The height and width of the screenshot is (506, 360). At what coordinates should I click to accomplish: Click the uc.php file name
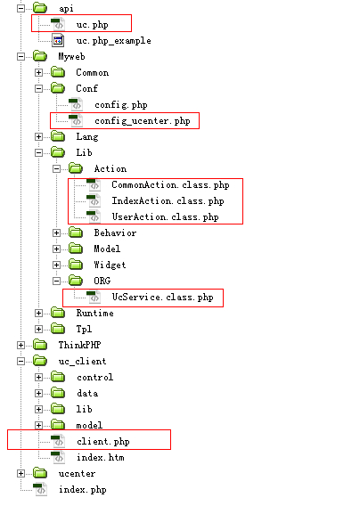point(92,25)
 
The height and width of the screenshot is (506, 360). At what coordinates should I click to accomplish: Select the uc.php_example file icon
point(58,41)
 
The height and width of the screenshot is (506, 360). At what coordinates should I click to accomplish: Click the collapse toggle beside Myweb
point(20,56)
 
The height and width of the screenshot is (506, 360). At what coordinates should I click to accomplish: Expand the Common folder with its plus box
point(38,73)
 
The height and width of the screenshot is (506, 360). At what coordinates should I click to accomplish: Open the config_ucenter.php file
point(143,121)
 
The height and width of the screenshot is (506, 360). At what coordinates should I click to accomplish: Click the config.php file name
point(121,105)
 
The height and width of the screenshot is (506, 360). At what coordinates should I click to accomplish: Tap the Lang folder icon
point(58,136)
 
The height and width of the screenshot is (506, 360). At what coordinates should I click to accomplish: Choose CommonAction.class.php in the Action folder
point(170,185)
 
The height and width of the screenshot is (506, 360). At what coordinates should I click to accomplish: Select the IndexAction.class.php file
point(168,200)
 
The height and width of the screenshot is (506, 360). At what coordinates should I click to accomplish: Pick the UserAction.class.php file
point(166,216)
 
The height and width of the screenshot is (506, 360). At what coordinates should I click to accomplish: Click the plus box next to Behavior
point(56,233)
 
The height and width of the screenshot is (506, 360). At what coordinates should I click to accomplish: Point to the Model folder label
point(107,249)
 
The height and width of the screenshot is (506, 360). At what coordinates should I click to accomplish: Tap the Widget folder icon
point(76,265)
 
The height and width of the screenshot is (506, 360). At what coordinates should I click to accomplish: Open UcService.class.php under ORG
point(162,298)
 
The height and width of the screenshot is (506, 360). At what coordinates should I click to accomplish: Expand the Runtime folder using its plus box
point(38,313)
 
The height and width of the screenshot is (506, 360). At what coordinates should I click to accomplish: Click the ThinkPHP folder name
point(79,345)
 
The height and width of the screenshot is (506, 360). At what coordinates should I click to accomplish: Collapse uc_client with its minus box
point(20,361)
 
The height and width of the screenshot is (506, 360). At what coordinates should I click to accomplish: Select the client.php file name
point(103,442)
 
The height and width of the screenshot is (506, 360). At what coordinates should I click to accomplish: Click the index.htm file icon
point(58,457)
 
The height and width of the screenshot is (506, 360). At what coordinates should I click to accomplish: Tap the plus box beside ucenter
point(20,473)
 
